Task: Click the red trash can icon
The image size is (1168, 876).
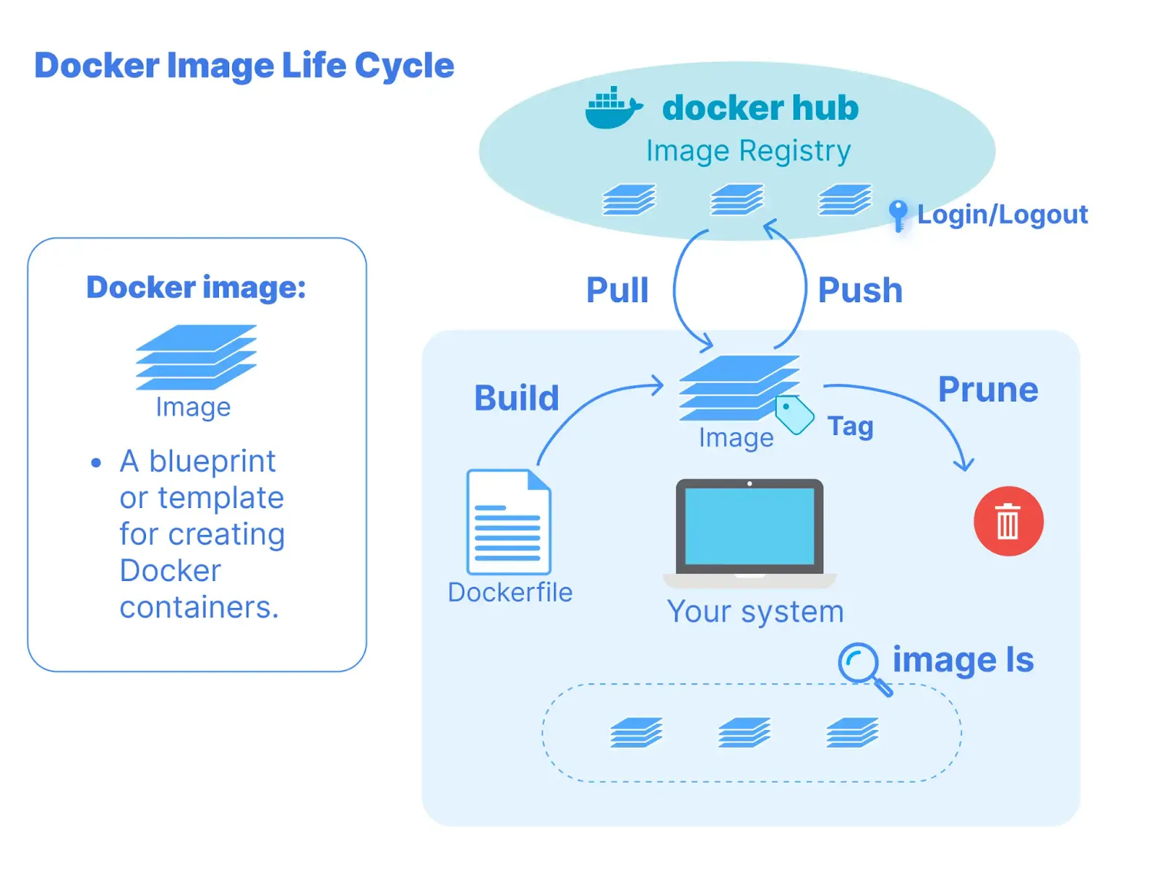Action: point(1008,521)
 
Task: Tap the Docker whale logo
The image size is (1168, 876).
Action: point(612,109)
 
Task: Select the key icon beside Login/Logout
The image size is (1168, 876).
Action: point(898,215)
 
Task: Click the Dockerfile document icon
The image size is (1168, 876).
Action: point(509,522)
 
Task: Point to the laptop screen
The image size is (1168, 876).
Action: point(750,526)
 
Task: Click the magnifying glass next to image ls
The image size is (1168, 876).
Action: point(860,664)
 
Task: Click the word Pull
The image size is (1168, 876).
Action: point(617,290)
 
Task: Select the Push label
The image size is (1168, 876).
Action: point(860,290)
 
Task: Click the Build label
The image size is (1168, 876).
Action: point(516,399)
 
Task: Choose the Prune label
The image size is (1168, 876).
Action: point(987,390)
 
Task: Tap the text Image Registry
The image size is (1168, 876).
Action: point(748,151)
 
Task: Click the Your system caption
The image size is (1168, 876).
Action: point(755,612)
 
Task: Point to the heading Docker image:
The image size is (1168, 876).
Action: point(196,288)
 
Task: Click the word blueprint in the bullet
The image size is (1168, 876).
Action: point(212,461)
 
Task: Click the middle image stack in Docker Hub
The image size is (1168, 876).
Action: point(737,199)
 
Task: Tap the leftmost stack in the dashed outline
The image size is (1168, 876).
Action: point(636,732)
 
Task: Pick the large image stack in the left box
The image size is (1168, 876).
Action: point(196,357)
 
